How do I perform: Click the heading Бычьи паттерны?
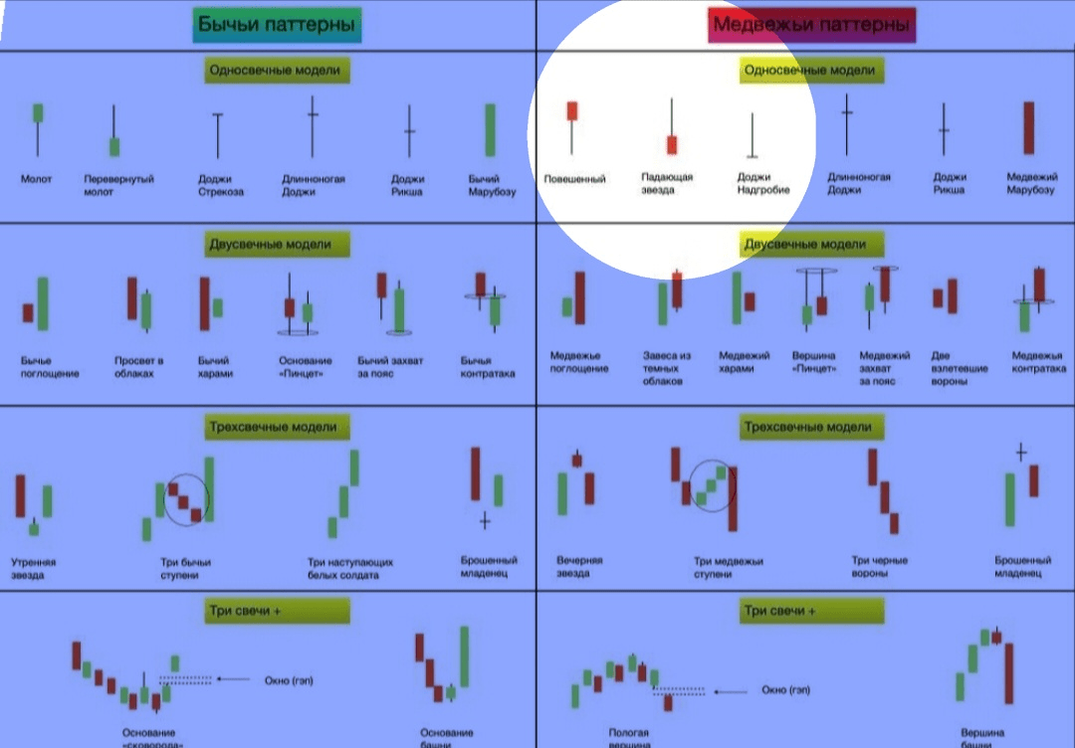pos(277,24)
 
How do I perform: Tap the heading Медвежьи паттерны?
pos(811,24)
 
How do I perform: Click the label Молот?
pos(36,180)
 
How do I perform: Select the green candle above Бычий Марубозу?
pos(491,130)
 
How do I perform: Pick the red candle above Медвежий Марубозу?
pos(1029,127)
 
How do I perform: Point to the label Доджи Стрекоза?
pos(220,185)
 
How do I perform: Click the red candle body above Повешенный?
pos(572,110)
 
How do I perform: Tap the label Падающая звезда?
pos(667,183)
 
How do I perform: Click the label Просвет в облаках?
pos(138,367)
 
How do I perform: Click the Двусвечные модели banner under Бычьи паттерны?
pos(270,244)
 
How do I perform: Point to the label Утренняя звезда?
pos(34,568)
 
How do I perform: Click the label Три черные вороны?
pos(880,567)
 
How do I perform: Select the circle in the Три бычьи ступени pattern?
pos(186,499)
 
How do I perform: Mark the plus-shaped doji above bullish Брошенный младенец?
pos(485,520)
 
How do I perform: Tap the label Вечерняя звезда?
pos(579,567)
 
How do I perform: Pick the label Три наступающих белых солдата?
pos(350,568)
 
